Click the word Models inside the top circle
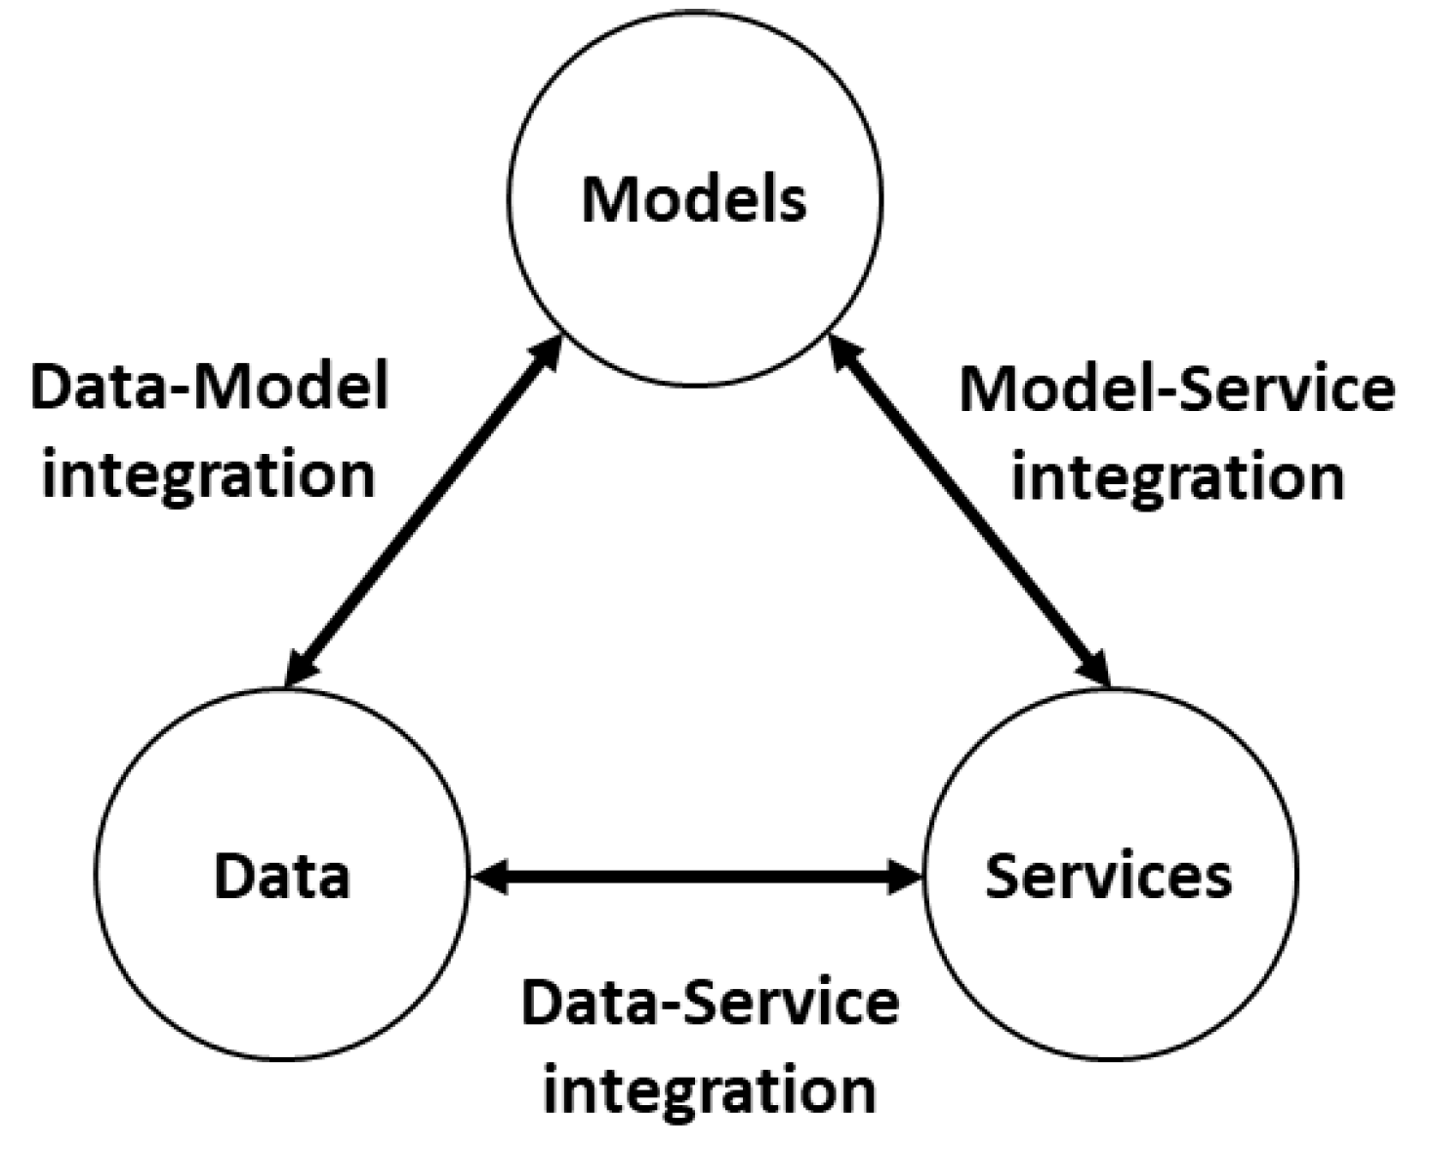pos(694,199)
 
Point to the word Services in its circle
pos(1108,876)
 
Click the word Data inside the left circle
pos(281,876)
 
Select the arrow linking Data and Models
pos(422,513)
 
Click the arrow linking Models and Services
pos(969,513)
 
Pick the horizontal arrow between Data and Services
pos(695,877)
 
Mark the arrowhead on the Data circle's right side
pos(488,877)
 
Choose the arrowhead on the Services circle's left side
pos(903,877)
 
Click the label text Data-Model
pos(210,387)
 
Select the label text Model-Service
pos(1177,389)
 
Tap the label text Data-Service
pos(710,1004)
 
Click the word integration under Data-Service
pos(710,1089)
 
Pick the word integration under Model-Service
pos(1177,477)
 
